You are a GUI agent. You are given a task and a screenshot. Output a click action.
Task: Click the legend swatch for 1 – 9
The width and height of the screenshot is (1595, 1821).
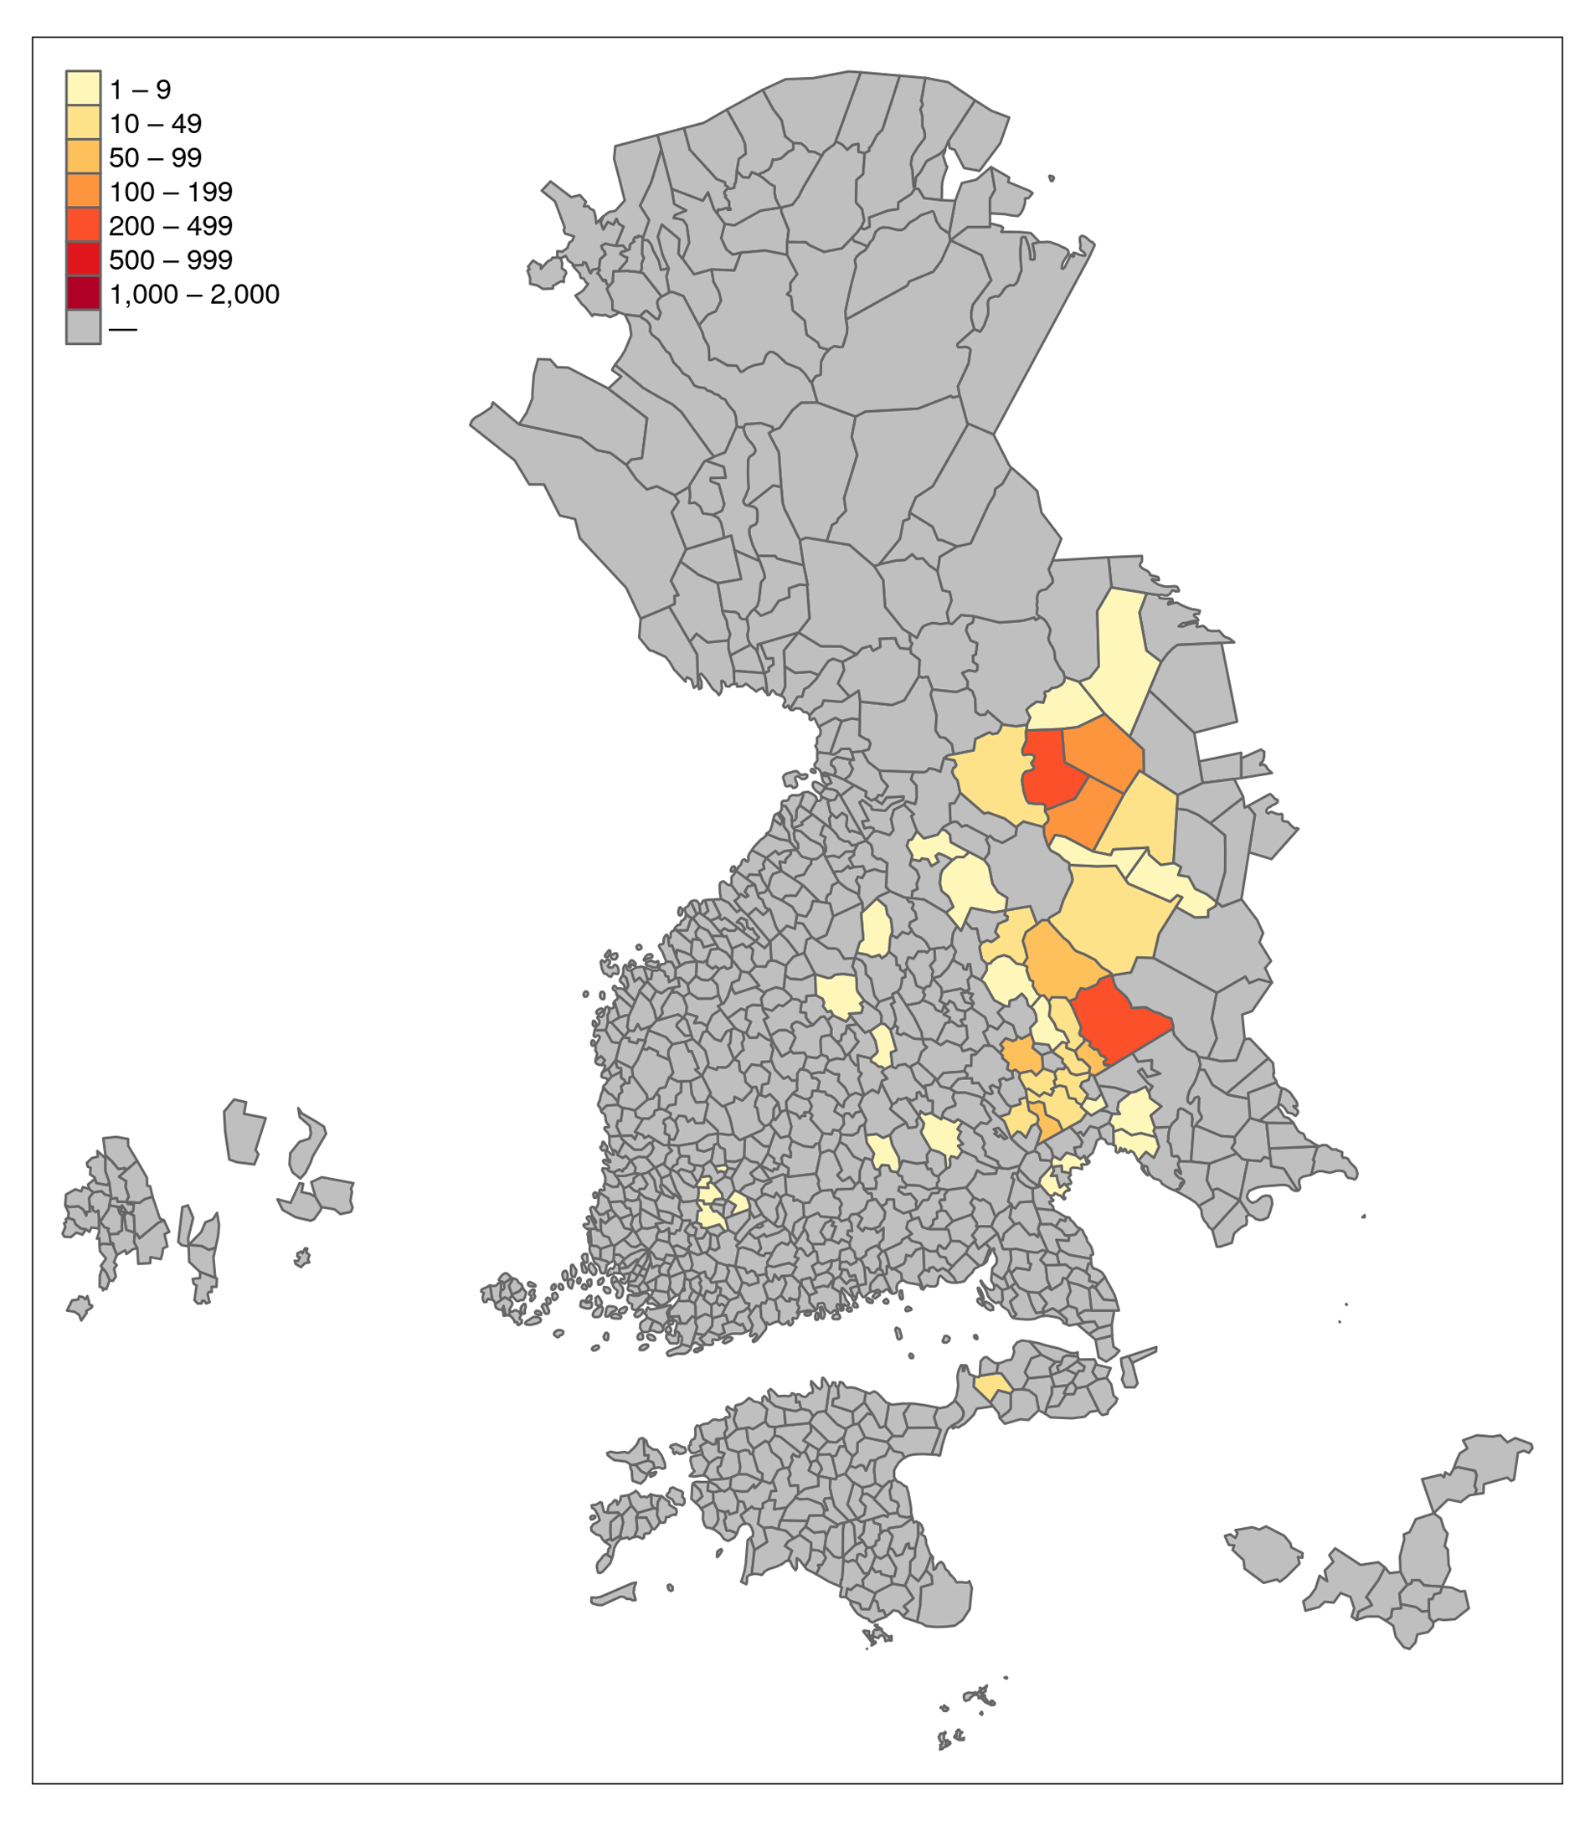83,88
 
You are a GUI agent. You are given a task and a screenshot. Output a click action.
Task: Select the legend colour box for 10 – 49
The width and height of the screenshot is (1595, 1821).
83,123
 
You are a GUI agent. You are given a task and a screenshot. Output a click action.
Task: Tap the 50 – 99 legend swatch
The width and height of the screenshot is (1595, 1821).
83,157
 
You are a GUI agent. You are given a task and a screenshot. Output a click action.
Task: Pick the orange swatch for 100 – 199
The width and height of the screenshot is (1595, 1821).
83,192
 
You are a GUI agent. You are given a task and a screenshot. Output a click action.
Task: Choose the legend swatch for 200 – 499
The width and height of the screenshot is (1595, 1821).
83,225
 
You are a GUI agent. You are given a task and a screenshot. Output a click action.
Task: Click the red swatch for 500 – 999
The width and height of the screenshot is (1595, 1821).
83,259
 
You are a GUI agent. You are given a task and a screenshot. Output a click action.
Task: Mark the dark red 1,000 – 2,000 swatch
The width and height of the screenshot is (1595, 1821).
83,294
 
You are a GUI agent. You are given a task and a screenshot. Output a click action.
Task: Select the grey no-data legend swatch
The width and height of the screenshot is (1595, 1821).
83,327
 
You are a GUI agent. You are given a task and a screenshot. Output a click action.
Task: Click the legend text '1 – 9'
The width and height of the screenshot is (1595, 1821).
140,89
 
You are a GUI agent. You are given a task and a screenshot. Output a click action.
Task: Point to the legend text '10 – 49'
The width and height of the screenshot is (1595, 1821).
155,124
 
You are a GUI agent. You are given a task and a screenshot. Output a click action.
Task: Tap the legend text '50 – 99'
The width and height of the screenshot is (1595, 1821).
155,157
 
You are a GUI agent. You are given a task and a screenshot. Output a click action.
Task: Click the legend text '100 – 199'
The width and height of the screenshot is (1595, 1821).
170,192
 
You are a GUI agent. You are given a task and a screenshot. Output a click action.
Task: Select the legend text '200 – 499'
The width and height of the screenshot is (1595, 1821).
170,226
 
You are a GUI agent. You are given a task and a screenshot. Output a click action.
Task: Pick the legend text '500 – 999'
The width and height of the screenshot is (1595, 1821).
170,260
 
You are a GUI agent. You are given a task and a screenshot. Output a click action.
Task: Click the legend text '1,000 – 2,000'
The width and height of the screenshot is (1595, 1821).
193,295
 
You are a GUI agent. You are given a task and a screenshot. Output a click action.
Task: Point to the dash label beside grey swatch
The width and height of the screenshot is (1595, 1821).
123,328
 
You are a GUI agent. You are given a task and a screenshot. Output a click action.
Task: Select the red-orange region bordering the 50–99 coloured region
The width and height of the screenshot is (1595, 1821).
1118,1021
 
